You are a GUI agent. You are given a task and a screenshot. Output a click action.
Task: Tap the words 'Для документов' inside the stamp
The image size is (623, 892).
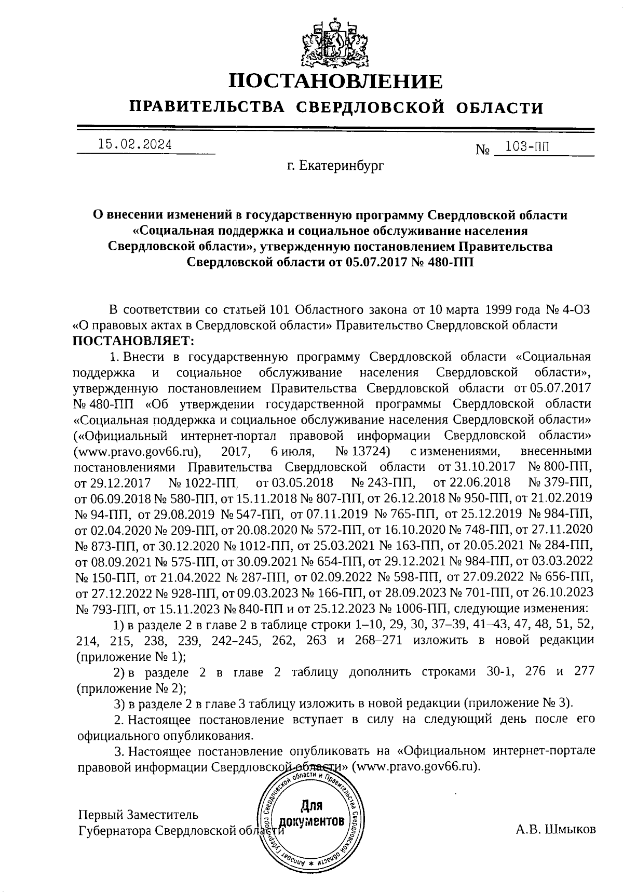[311, 815]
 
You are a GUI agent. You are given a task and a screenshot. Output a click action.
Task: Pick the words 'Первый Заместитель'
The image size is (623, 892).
[138, 814]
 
